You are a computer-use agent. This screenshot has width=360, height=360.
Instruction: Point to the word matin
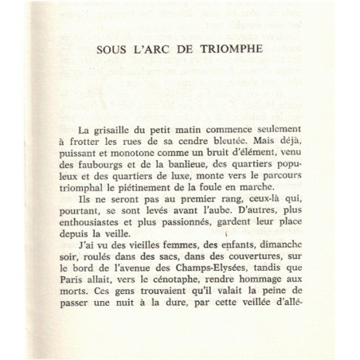178,129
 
